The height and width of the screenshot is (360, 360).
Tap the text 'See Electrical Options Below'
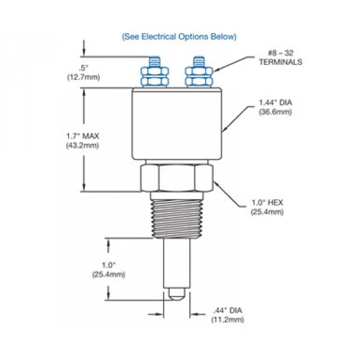pyautogui.click(x=179, y=37)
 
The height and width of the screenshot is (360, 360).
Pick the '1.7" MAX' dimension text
pyautogui.click(x=82, y=136)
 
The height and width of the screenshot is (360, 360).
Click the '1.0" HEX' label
pyautogui.click(x=267, y=203)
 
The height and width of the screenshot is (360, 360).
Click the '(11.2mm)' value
pyautogui.click(x=228, y=320)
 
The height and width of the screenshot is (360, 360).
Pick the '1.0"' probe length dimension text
pyautogui.click(x=108, y=265)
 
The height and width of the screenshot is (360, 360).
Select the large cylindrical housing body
pyautogui.click(x=176, y=124)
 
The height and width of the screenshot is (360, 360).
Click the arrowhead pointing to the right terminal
pyautogui.click(x=216, y=70)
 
